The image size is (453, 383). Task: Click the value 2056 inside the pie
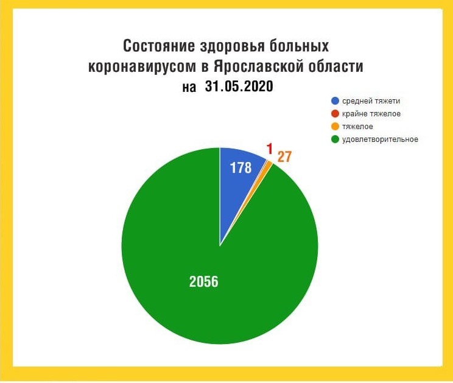[x=204, y=281]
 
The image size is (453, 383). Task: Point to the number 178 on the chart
[x=241, y=168]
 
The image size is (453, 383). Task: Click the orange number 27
[x=284, y=157]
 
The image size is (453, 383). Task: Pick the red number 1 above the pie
[x=270, y=149]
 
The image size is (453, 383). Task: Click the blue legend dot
[x=335, y=101]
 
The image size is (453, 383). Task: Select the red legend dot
[x=335, y=114]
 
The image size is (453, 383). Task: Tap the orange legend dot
[x=335, y=127]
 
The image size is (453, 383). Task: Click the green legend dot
[x=335, y=139]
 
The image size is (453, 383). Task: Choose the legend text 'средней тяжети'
[x=371, y=101]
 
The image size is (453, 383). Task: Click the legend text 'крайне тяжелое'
[x=371, y=114]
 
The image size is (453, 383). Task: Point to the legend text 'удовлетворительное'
[x=380, y=139]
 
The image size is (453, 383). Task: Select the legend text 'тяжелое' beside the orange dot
[x=357, y=127]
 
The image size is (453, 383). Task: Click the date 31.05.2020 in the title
[x=239, y=86]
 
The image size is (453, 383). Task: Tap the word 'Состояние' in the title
[x=159, y=46]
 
